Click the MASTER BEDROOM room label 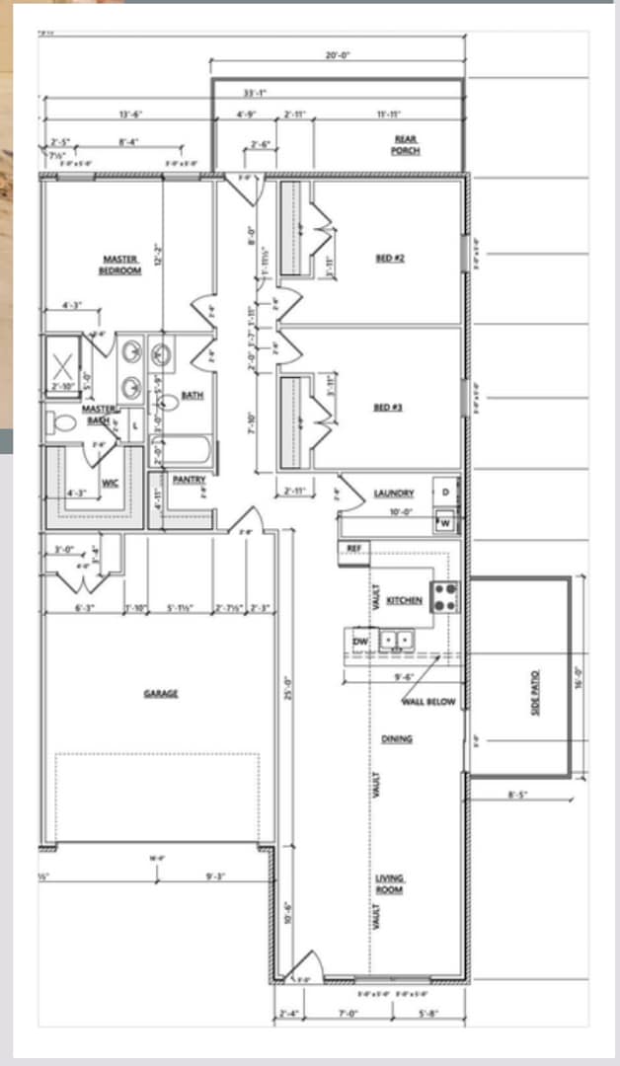[x=120, y=265]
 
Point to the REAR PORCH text [x=406, y=146]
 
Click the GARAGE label [x=161, y=694]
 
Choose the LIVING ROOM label [x=389, y=883]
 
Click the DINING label [x=397, y=738]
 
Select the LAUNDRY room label [x=394, y=493]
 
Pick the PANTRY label [x=188, y=480]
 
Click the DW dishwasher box [x=360, y=642]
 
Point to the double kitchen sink [x=397, y=640]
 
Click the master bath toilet [x=63, y=423]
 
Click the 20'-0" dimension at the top [x=338, y=56]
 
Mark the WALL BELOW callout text [x=428, y=702]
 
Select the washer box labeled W [x=445, y=522]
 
